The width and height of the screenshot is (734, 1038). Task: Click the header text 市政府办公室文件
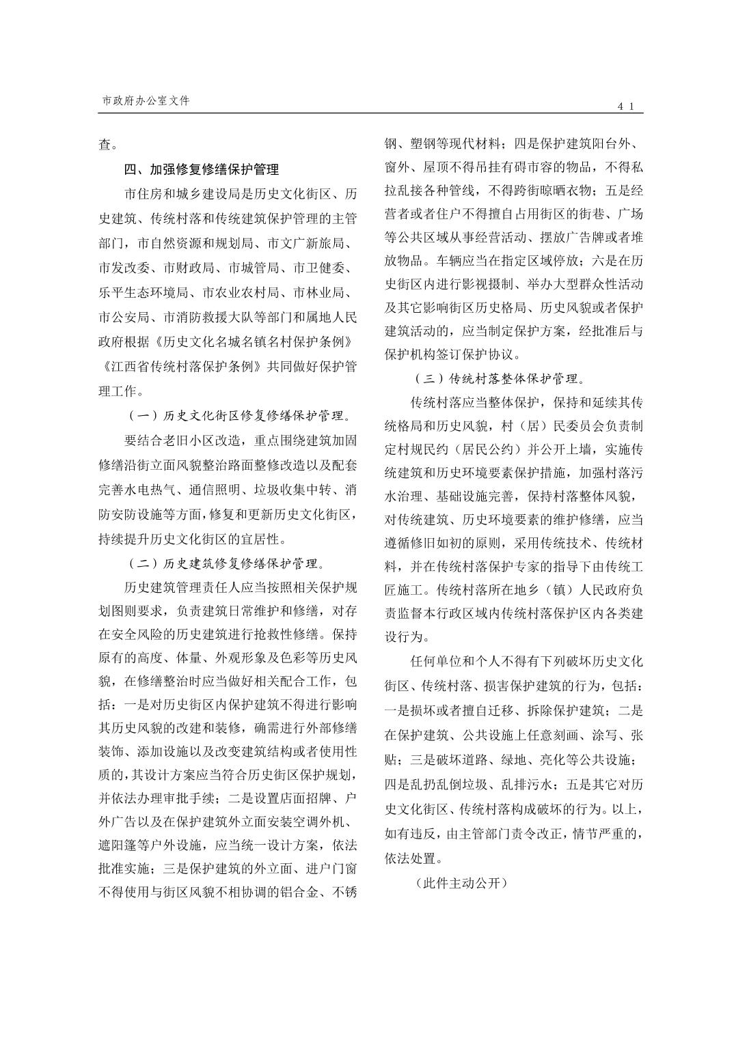coord(146,100)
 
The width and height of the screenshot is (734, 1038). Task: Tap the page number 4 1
coord(627,106)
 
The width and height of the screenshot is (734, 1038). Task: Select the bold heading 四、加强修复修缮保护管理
coord(201,169)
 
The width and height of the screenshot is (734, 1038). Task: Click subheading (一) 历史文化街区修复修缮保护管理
coord(240,415)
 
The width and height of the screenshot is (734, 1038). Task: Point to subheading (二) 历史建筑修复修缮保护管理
coord(227,563)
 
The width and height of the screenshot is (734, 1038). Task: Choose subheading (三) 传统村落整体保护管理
coord(499,378)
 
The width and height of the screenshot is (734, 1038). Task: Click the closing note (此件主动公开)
coord(460,883)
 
